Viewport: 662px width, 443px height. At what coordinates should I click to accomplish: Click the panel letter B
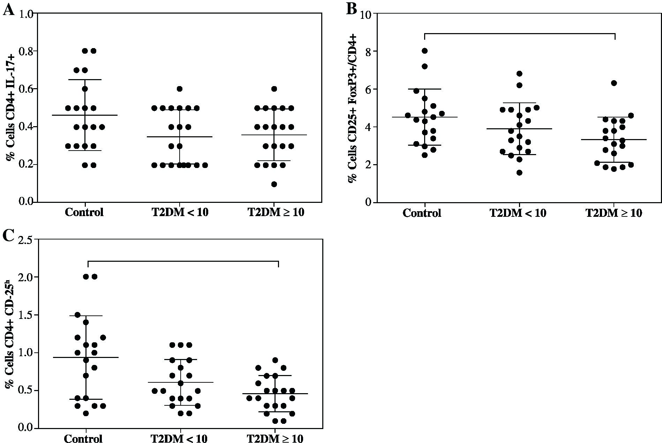point(351,9)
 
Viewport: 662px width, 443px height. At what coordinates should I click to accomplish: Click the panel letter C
point(8,236)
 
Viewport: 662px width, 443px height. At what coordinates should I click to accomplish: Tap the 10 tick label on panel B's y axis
point(367,14)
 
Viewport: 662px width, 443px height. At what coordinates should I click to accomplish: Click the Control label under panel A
point(84,212)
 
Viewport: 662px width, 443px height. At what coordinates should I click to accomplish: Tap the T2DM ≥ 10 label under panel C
point(275,438)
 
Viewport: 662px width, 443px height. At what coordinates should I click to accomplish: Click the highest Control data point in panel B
point(424,51)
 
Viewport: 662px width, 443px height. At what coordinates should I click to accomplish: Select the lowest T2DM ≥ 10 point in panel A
point(274,184)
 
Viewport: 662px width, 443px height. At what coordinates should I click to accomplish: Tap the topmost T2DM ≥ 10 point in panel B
point(614,83)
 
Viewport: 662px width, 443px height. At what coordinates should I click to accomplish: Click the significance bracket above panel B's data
point(520,34)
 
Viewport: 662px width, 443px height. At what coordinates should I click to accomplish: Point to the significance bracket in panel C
point(183,261)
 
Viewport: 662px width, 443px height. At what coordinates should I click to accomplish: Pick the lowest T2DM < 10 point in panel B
point(519,173)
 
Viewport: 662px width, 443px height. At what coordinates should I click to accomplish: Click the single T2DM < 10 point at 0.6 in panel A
point(180,89)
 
